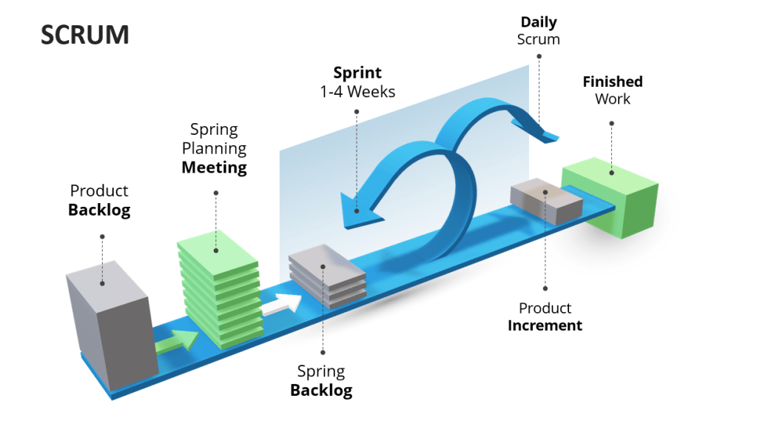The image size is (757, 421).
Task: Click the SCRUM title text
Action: click(85, 35)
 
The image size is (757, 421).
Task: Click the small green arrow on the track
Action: click(178, 339)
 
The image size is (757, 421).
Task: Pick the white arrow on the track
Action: click(283, 302)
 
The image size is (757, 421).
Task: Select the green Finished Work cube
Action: click(610, 196)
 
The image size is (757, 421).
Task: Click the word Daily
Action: click(539, 22)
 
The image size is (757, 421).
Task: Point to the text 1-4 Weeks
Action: click(357, 92)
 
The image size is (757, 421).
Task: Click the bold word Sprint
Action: click(357, 73)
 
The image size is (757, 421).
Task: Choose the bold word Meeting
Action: click(214, 168)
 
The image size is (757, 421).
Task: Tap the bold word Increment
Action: click(545, 325)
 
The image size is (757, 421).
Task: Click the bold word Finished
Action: click(612, 82)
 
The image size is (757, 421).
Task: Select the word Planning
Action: click(214, 148)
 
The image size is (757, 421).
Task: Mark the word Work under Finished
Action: click(613, 99)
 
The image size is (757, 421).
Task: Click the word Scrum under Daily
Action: click(538, 40)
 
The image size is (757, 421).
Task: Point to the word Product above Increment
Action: click(545, 308)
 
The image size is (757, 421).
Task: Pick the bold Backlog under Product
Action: click(99, 210)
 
